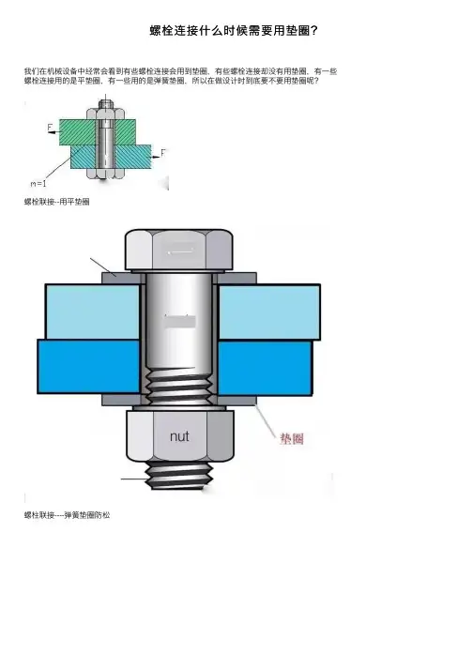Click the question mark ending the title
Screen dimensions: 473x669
coord(313,31)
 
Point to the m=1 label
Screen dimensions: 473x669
coord(38,184)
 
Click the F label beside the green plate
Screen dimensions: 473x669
coord(50,128)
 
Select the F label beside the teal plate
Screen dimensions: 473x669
coord(163,153)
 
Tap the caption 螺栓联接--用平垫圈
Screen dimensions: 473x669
coord(56,202)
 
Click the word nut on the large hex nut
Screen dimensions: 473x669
coord(179,436)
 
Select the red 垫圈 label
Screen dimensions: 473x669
coord(292,438)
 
